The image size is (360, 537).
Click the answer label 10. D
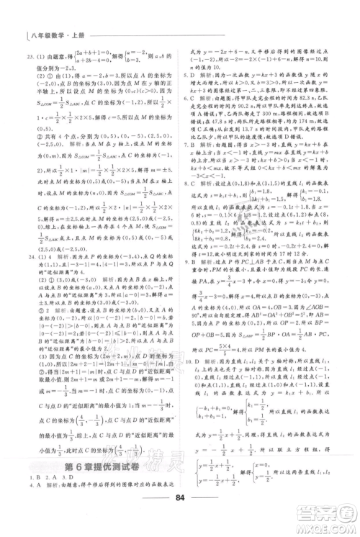[x=192, y=384]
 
